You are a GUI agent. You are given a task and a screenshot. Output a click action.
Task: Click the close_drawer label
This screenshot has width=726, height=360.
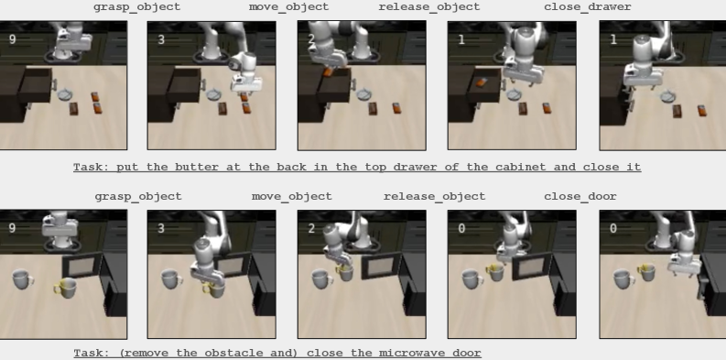[587, 7]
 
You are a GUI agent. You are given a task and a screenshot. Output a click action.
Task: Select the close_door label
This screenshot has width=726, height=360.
[580, 196]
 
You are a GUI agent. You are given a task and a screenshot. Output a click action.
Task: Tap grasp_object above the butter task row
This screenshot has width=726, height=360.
[136, 7]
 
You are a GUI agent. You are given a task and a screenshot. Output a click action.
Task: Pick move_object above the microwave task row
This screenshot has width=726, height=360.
[292, 196]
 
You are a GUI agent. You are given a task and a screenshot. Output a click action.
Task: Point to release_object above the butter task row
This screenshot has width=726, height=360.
[429, 7]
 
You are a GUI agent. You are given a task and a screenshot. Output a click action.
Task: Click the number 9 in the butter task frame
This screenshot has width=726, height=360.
[13, 39]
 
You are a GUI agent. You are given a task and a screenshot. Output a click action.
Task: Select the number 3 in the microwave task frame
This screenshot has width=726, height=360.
[161, 228]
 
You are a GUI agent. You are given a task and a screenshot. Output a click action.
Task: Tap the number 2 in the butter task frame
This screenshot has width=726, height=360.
[311, 39]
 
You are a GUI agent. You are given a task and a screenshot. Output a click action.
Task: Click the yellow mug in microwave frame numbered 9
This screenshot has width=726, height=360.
[66, 288]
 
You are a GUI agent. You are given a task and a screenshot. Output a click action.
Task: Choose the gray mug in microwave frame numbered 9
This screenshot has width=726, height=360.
[22, 278]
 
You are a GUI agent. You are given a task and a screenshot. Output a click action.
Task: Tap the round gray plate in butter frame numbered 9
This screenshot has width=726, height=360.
[65, 94]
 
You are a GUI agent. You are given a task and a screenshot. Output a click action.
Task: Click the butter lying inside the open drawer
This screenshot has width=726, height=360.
[481, 82]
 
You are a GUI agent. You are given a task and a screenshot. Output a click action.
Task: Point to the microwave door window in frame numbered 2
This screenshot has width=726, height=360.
[381, 266]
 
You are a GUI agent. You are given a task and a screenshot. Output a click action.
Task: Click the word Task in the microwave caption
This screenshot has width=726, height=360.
[88, 353]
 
